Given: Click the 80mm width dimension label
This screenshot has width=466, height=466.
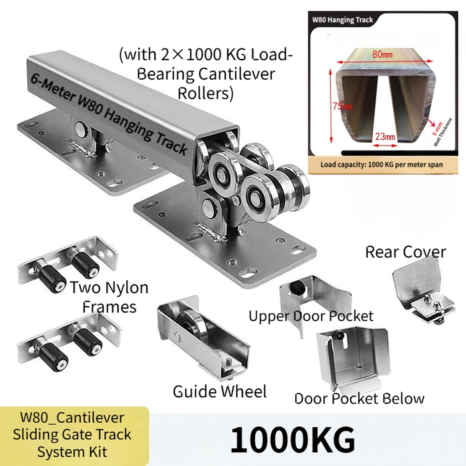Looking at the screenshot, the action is pos(382,55).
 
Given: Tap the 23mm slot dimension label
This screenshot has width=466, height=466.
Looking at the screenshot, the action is pos(385,137).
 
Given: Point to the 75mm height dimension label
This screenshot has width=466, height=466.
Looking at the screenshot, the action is pos(342,106).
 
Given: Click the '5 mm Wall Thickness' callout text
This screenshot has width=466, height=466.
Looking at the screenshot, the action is pos(441,132).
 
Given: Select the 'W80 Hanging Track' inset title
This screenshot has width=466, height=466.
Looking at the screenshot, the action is pos(342,20).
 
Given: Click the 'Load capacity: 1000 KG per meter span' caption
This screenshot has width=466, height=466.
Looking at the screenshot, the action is pos(382,165).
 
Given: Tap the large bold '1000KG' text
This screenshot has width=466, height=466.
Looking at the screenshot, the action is pos(293,439).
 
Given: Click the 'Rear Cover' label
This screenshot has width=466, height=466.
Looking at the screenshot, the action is pos(405,252).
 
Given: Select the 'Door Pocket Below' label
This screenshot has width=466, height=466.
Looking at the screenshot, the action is pos(360,398).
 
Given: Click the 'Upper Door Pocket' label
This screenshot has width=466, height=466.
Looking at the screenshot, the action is pos(311,316).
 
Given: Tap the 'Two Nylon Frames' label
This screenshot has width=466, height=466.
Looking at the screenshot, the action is pos(109,297).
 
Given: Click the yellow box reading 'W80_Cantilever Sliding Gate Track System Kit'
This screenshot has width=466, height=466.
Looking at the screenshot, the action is pos(74,436).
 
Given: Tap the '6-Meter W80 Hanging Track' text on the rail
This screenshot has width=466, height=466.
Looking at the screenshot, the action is pos(109,115).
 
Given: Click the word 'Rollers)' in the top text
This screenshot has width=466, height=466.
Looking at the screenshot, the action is pos(205,93).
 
